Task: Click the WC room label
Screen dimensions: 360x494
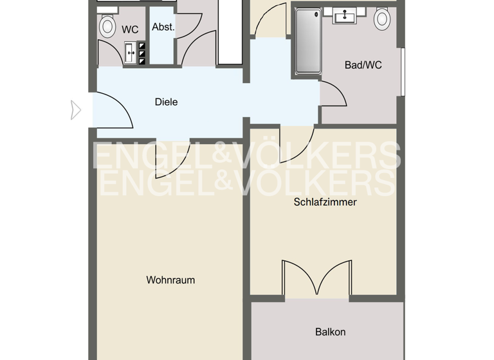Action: click(130, 29)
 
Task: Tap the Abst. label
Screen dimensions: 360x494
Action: click(163, 27)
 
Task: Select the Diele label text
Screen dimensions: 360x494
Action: click(166, 102)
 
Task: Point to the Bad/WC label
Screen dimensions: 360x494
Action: click(359, 65)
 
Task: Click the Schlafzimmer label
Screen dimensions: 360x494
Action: click(325, 202)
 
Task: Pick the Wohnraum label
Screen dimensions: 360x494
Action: click(170, 280)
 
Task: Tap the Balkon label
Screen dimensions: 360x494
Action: click(331, 332)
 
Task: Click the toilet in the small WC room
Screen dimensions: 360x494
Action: click(107, 26)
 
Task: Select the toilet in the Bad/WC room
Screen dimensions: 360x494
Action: click(382, 18)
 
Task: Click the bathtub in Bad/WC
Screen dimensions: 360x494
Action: click(307, 42)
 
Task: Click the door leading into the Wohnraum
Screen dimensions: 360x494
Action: click(172, 158)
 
